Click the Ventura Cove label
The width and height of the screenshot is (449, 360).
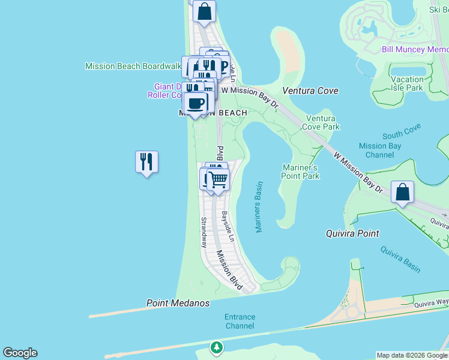[x=310, y=91]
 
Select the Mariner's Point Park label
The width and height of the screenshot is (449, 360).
[x=300, y=172]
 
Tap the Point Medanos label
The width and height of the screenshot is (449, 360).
[x=178, y=304]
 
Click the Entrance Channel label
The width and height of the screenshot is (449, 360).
[x=240, y=321]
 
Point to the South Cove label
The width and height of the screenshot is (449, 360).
[x=402, y=131]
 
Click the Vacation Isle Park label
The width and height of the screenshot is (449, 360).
[x=406, y=83]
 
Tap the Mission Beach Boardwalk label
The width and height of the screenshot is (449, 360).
[x=133, y=66]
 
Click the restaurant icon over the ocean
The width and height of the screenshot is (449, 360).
[x=146, y=162]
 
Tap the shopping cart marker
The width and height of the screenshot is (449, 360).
[x=218, y=179]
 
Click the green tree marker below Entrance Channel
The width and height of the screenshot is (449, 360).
[x=216, y=347]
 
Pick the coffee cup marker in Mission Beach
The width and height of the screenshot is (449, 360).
[x=195, y=103]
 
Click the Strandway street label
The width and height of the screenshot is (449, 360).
[x=204, y=232]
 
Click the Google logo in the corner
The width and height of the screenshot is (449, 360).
[x=20, y=353]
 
